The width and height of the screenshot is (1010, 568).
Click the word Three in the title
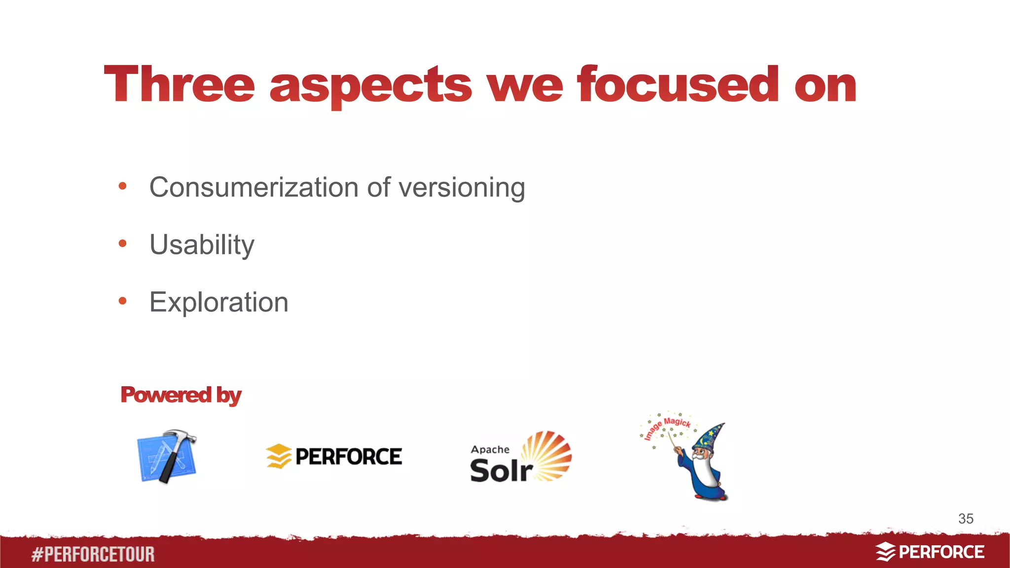[180, 85]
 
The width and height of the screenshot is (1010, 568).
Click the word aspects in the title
[371, 87]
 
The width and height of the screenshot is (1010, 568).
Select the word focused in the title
[678, 85]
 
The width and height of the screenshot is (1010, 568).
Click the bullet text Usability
[202, 245]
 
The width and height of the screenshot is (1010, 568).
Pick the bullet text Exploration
[218, 302]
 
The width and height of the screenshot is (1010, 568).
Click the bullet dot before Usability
[123, 244]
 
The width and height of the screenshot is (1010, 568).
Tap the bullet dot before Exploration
[123, 301]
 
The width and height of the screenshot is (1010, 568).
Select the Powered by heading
[180, 395]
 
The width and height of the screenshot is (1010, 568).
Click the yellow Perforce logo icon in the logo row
[279, 456]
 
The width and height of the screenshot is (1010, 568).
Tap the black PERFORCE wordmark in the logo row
[348, 457]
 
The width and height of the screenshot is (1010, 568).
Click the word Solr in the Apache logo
[500, 470]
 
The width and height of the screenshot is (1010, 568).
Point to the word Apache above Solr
[490, 450]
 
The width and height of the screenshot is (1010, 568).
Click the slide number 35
[966, 519]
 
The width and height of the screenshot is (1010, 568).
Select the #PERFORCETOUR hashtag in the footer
[93, 554]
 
